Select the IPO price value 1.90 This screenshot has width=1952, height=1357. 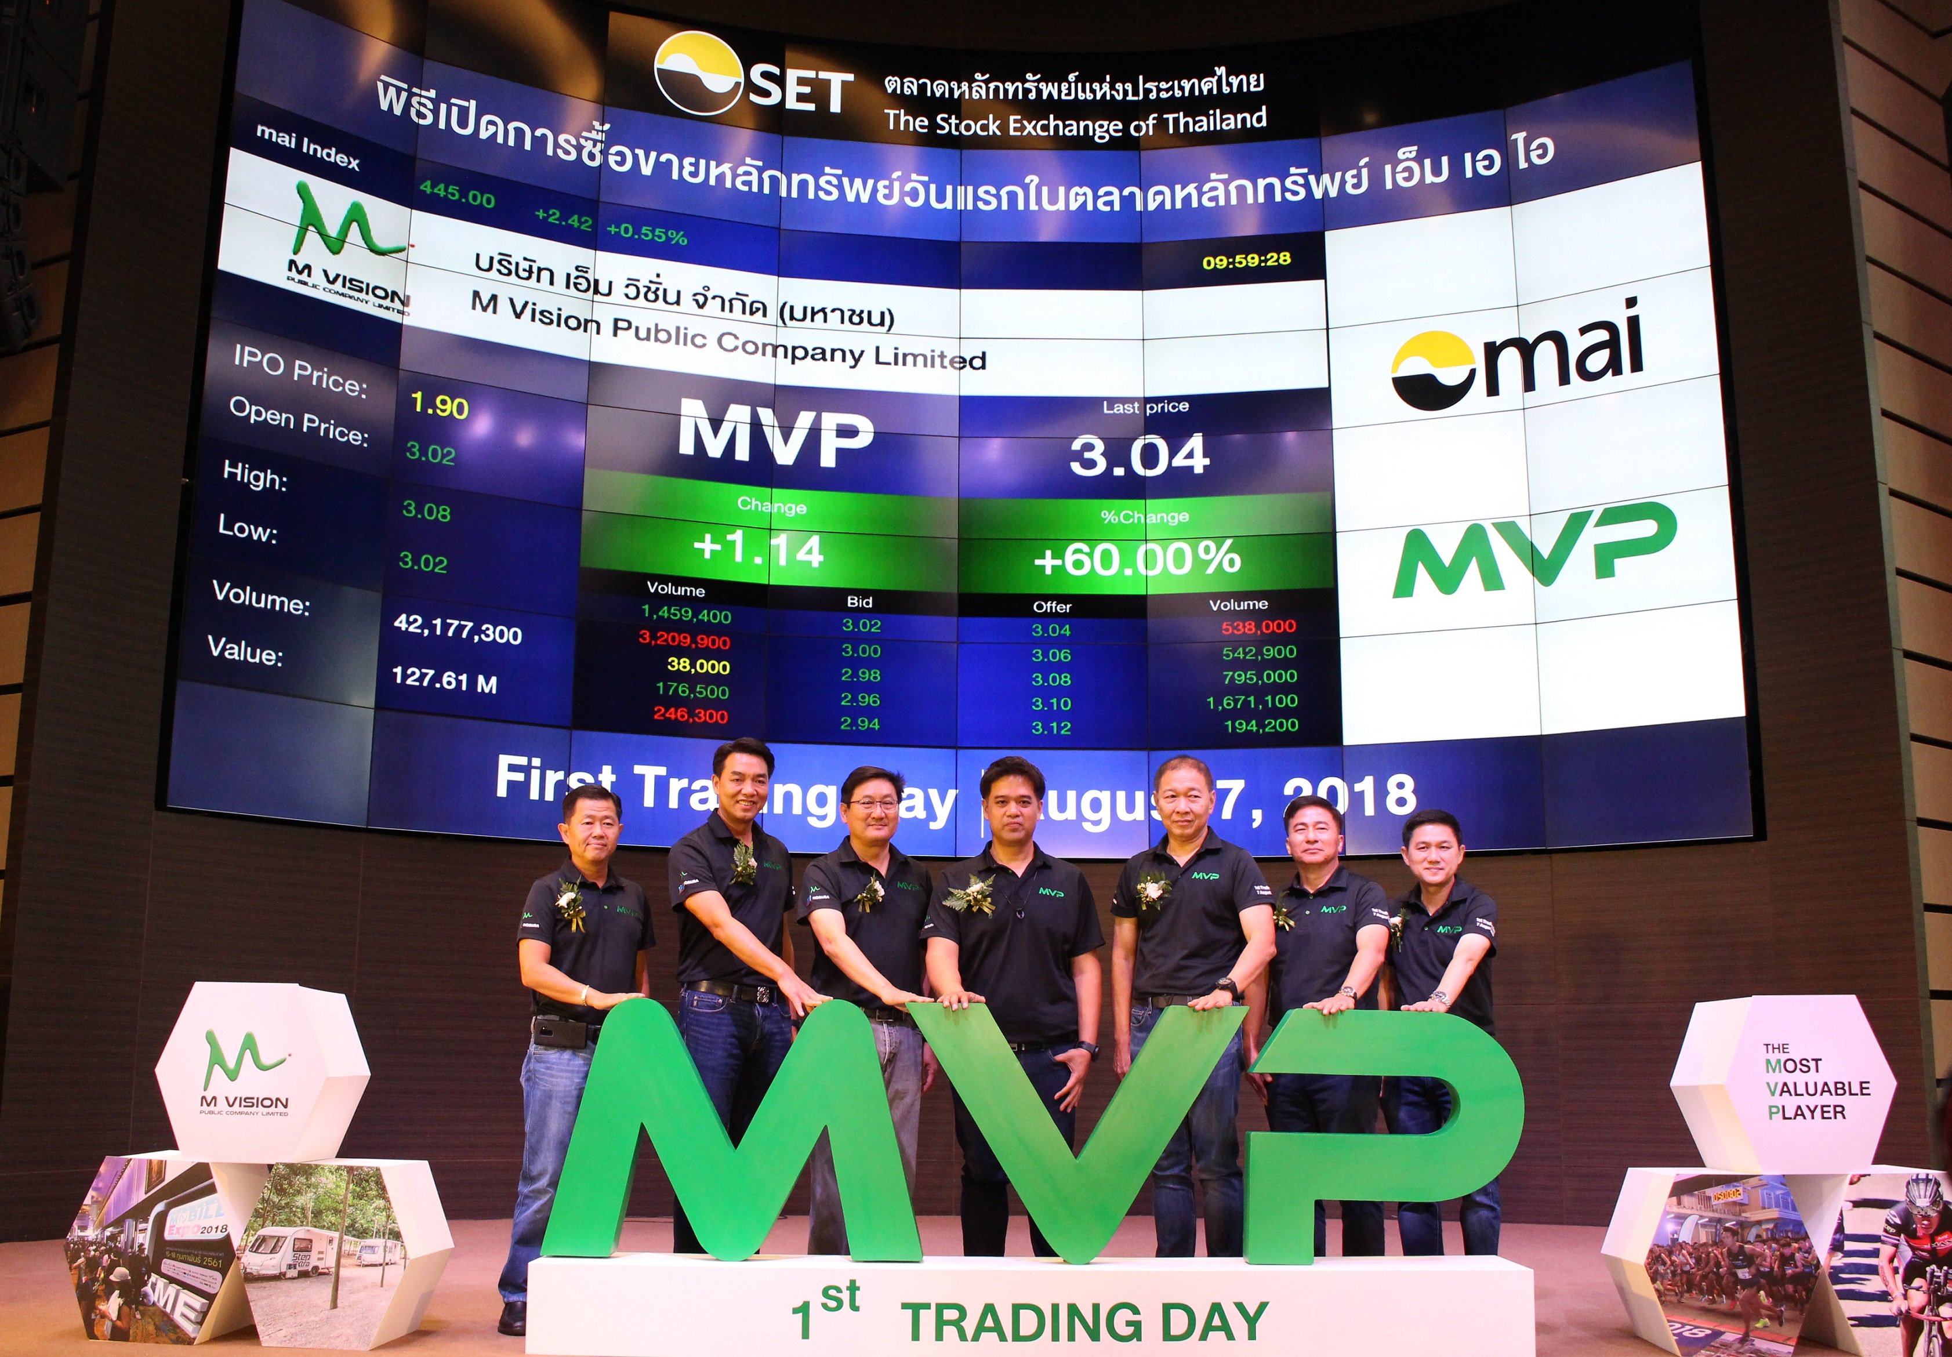[x=438, y=405]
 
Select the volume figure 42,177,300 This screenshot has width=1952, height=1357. [x=458, y=630]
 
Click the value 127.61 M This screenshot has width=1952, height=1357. [x=444, y=680]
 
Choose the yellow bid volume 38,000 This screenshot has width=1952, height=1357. [x=698, y=666]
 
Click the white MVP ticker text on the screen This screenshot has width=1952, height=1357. [x=775, y=436]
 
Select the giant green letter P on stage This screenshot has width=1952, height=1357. [x=1386, y=1131]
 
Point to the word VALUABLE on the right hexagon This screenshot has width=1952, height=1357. [x=1817, y=1088]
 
